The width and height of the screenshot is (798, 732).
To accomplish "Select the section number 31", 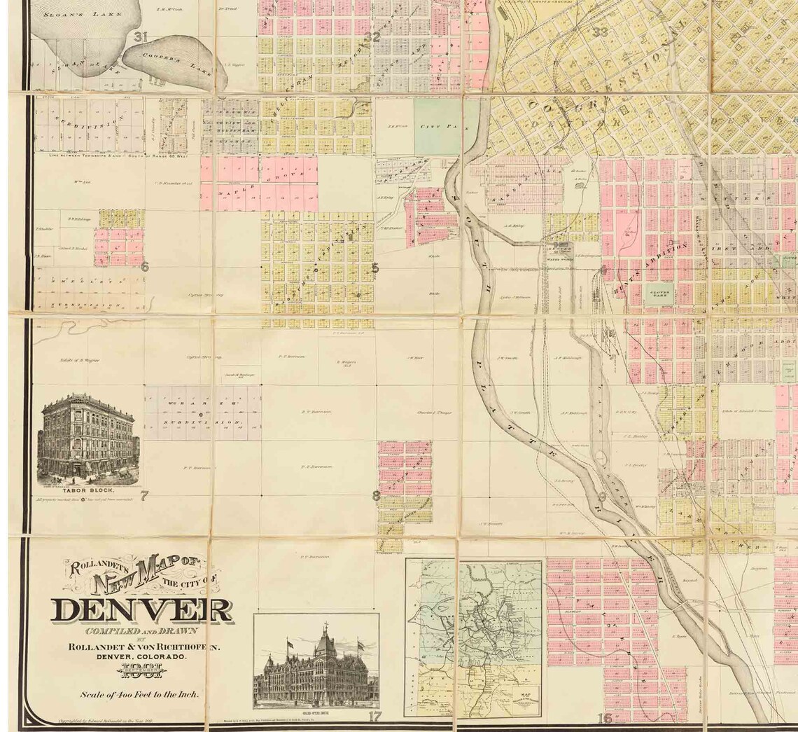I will (141, 37).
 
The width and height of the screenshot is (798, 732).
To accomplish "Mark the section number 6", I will (144, 266).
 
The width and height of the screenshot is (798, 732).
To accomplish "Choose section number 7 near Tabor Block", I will (144, 497).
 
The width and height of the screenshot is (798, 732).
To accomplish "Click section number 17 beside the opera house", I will (375, 716).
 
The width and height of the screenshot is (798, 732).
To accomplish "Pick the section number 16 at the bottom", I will (605, 718).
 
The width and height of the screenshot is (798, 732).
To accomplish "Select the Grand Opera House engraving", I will (316, 666).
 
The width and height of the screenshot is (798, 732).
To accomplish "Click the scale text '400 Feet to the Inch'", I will (141, 695).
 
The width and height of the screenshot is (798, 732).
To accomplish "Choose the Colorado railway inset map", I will (475, 637).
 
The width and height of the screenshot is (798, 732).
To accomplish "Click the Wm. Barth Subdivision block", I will (203, 413).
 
